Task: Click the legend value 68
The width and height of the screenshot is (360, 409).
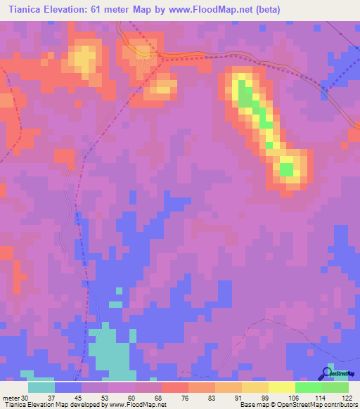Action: coord(148,397)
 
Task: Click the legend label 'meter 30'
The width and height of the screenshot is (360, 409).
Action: coord(14,397)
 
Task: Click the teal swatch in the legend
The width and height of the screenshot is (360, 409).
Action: coord(41,387)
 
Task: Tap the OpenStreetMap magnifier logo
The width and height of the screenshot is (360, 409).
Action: coord(327,373)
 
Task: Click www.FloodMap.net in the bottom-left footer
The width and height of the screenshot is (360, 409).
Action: coord(137,405)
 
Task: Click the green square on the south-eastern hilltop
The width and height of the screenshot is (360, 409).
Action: coord(286,169)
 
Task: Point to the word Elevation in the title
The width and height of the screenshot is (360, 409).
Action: coord(72,9)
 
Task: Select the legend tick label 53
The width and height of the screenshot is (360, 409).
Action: coord(95,397)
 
